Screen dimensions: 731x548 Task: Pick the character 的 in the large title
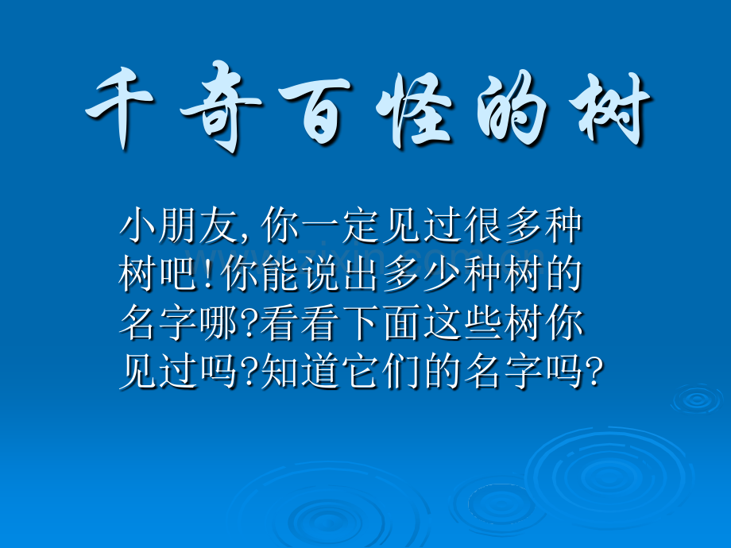511,108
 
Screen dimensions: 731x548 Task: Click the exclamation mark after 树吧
208,274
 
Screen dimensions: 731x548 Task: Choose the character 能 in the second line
280,274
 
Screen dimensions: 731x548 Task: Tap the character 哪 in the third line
219,323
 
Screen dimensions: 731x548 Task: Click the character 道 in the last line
319,372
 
